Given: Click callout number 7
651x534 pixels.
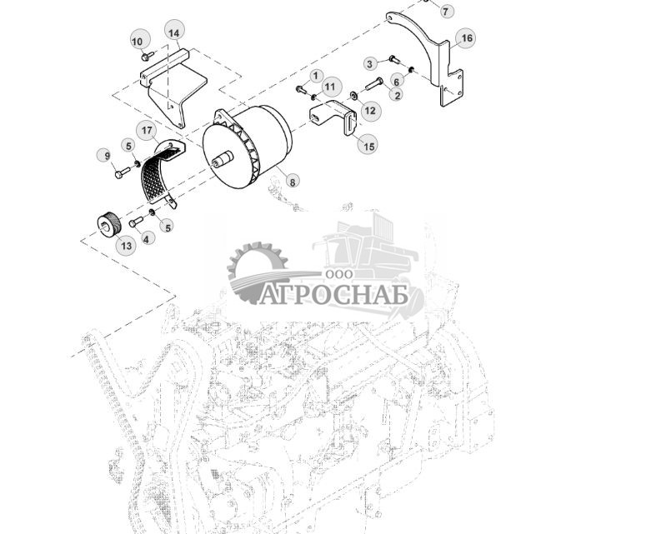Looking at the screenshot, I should click(x=445, y=11).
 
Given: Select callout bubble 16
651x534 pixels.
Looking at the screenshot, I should click(x=466, y=38).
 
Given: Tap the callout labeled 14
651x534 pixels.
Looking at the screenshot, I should click(x=173, y=32).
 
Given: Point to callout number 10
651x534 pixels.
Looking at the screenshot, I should click(x=138, y=41).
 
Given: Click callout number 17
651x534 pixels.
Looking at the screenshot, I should click(x=147, y=131).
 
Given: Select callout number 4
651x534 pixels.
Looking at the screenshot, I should click(x=148, y=238).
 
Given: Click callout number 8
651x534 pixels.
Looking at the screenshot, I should click(x=292, y=180).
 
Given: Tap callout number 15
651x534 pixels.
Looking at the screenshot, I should click(x=368, y=145).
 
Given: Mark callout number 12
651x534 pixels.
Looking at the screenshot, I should click(x=369, y=110).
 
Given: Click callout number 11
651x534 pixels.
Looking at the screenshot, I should click(x=330, y=87).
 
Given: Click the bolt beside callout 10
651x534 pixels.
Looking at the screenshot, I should click(x=147, y=57).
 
